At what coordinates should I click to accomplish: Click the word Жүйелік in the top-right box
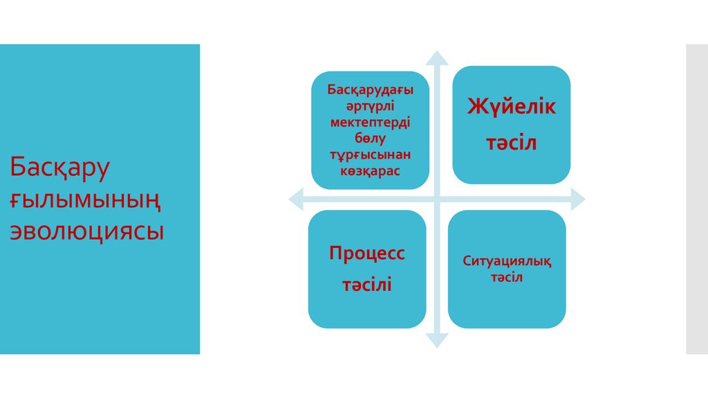pyautogui.click(x=512, y=107)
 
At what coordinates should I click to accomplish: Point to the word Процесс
pyautogui.click(x=366, y=253)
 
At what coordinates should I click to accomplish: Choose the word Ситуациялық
pyautogui.click(x=507, y=261)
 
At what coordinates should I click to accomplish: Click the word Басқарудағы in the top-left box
pyautogui.click(x=371, y=91)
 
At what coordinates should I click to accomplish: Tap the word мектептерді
pyautogui.click(x=371, y=121)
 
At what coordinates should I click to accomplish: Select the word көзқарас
pyautogui.click(x=371, y=170)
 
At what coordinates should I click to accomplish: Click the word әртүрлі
pyautogui.click(x=371, y=106)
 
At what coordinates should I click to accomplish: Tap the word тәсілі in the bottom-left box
pyautogui.click(x=366, y=284)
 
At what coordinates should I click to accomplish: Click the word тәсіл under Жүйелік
pyautogui.click(x=512, y=143)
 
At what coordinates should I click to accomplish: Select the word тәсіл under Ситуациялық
pyautogui.click(x=507, y=278)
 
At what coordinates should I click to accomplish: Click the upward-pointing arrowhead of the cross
pyautogui.click(x=437, y=58)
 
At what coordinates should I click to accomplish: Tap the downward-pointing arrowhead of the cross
pyautogui.click(x=437, y=339)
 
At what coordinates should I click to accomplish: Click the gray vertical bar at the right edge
pyautogui.click(x=697, y=199)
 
